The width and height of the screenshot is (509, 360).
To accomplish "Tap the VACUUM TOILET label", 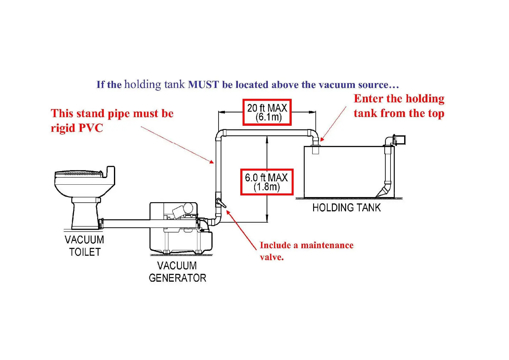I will click(84, 246).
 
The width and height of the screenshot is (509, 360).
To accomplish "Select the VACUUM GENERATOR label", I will click(177, 272).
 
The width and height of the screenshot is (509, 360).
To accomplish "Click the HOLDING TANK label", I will click(346, 208).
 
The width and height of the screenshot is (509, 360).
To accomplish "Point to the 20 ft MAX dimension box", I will click(267, 112).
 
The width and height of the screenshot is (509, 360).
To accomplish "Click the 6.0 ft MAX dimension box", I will click(267, 182).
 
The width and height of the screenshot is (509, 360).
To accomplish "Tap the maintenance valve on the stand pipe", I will click(220, 203).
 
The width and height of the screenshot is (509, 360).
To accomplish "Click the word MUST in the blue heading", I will click(203, 85).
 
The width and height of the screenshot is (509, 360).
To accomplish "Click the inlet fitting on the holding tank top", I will click(316, 149).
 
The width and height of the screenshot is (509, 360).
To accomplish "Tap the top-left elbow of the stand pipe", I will click(220, 134).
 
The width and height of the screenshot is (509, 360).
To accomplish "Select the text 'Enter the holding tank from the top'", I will click(399, 106).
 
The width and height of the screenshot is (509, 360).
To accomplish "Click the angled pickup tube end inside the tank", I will click(382, 192).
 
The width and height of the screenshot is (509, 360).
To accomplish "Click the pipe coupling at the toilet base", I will click(101, 223).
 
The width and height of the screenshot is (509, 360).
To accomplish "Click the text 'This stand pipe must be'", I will click(112, 113).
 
